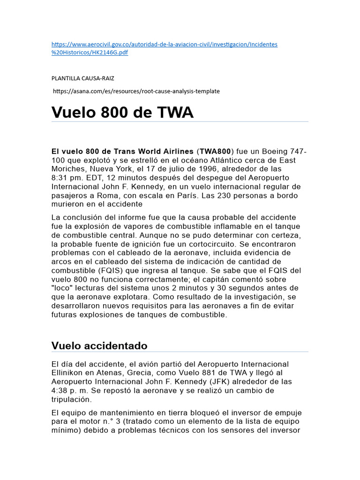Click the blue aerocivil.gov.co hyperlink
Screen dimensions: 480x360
pos(164,45)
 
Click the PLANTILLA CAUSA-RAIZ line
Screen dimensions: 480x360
pos(82,78)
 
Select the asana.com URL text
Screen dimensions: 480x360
pos(136,91)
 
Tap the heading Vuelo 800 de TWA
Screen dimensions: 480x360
pos(122,112)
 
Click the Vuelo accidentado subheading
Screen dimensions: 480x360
pos(99,346)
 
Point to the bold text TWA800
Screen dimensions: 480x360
pos(215,151)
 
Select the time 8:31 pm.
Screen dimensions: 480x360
pos(67,178)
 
